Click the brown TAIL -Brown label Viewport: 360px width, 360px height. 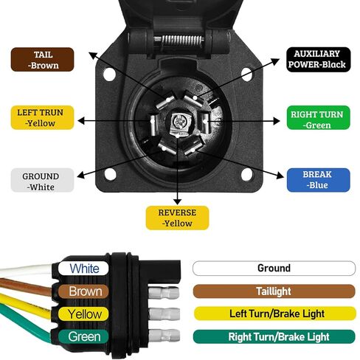42,60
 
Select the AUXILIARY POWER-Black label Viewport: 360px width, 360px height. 318,60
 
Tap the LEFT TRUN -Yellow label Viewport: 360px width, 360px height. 42,117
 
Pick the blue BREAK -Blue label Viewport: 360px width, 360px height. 318,180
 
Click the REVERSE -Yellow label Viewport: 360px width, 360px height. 177,218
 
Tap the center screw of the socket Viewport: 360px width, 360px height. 178,121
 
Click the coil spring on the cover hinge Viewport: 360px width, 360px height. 182,41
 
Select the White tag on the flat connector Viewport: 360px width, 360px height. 83,268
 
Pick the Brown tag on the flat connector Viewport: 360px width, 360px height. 83,291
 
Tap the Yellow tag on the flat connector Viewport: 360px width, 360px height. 83,314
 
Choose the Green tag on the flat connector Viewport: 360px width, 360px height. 83,336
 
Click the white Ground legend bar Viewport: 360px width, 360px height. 274,269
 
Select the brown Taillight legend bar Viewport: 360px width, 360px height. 274,291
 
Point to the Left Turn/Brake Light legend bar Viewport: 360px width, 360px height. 275,314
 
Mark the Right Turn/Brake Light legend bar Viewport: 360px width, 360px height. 274,336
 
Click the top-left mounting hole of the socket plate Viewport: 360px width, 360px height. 109,74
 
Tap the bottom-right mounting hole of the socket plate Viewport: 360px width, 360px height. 246,174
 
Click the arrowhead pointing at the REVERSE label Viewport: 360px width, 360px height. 177,201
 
